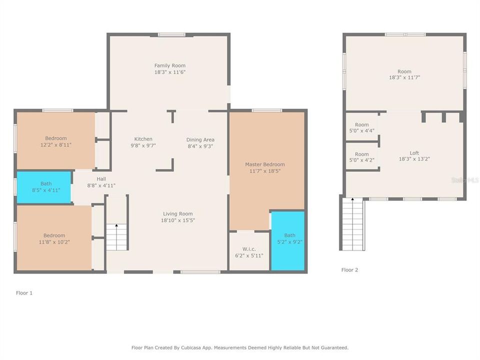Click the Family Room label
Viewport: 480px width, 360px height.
(169, 65)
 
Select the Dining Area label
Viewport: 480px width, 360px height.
(200, 139)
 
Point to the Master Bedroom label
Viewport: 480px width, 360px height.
(264, 164)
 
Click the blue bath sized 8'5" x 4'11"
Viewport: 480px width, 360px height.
(44, 187)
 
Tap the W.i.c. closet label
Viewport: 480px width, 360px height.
(249, 249)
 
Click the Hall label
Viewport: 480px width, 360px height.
(101, 178)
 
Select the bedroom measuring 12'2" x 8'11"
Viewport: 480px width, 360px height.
(55, 141)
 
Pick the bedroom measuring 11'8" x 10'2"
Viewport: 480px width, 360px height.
(53, 238)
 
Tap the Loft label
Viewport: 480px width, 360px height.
(414, 153)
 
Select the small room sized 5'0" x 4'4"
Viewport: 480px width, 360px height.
(362, 127)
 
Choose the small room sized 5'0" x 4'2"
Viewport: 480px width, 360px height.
(362, 157)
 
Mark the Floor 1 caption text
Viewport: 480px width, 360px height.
(24, 293)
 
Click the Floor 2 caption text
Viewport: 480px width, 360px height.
(349, 270)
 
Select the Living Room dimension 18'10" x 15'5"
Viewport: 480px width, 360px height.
(177, 220)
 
